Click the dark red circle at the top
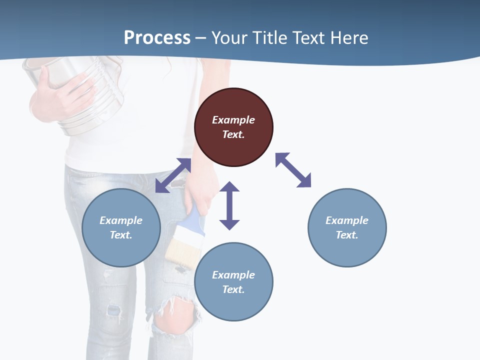point(233,127)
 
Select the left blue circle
point(121,227)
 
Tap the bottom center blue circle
point(233,281)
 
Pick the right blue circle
point(347,227)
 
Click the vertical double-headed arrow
point(229,205)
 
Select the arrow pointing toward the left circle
point(173,175)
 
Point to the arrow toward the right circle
point(293,170)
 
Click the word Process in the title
point(157,37)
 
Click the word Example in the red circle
point(233,120)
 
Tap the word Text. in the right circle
point(347,235)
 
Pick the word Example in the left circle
point(121,220)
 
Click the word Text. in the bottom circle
point(233,289)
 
